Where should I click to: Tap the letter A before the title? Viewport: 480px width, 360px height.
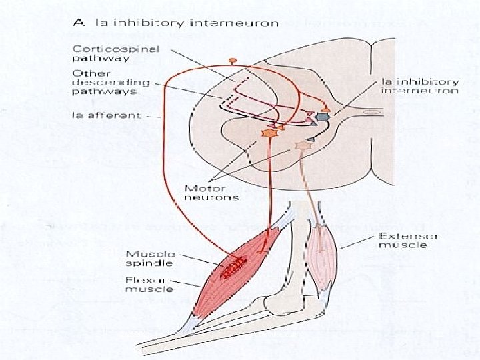[x=79, y=23]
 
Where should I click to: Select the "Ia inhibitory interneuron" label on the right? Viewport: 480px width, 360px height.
[x=419, y=85]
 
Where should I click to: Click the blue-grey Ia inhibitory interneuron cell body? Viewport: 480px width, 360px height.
[x=323, y=117]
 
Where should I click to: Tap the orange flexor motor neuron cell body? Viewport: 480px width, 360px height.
[x=270, y=133]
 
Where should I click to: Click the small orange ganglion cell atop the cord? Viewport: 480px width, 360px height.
[x=232, y=61]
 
